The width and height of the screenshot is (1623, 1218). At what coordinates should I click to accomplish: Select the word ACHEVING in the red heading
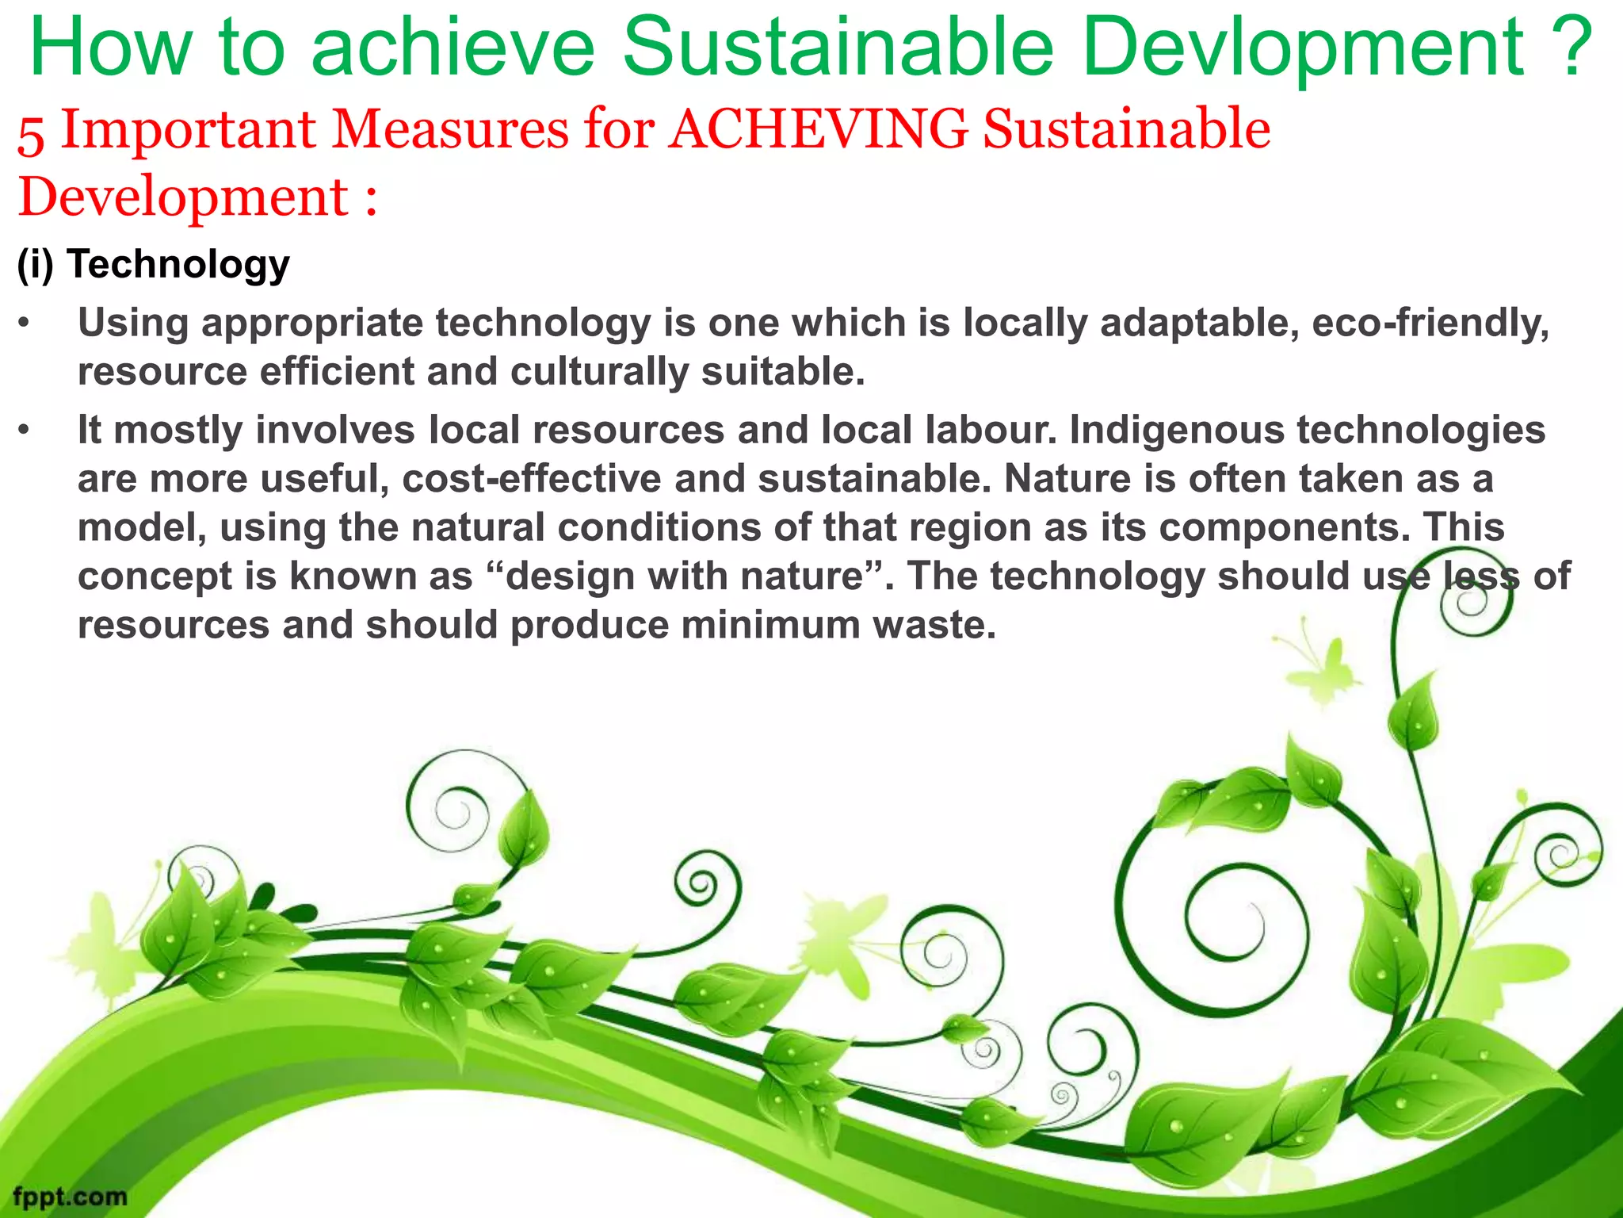[x=818, y=129]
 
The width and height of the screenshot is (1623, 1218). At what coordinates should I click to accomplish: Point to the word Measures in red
[x=449, y=129]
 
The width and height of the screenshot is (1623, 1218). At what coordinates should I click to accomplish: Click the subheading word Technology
[x=178, y=264]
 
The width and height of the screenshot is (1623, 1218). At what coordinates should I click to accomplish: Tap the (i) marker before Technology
[x=36, y=264]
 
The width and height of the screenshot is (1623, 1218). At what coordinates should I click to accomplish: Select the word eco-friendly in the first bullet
[x=1430, y=324]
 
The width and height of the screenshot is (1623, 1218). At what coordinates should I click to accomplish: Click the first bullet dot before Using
[x=25, y=324]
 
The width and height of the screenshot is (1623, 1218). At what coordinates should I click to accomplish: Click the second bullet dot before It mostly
[x=25, y=431]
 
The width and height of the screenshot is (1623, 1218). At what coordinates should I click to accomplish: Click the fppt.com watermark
[x=70, y=1196]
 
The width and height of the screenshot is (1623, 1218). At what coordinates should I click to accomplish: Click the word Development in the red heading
[x=183, y=197]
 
